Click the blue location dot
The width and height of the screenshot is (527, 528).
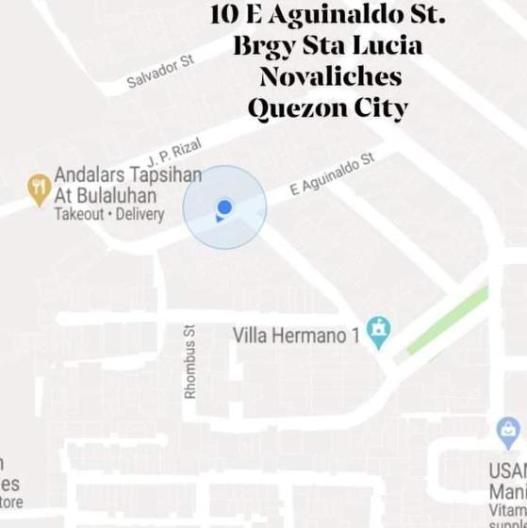(x=223, y=207)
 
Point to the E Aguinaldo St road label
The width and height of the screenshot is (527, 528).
(x=332, y=174)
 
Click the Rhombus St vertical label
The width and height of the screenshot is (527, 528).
(x=189, y=361)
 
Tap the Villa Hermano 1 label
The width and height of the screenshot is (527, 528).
(x=296, y=335)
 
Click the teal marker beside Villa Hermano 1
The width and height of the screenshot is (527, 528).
(x=379, y=331)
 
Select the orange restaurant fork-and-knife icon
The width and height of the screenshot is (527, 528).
(x=39, y=190)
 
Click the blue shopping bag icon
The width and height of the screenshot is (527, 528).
(x=508, y=433)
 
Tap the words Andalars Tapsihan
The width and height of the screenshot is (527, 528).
(x=127, y=174)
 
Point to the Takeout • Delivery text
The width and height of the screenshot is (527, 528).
(x=108, y=214)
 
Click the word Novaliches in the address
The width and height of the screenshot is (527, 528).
(x=330, y=76)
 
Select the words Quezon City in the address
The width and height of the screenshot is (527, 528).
(x=327, y=107)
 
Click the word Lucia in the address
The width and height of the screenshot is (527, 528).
(x=387, y=45)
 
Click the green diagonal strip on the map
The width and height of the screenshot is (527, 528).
(x=448, y=322)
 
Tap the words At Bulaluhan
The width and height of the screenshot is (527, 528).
(x=106, y=195)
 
